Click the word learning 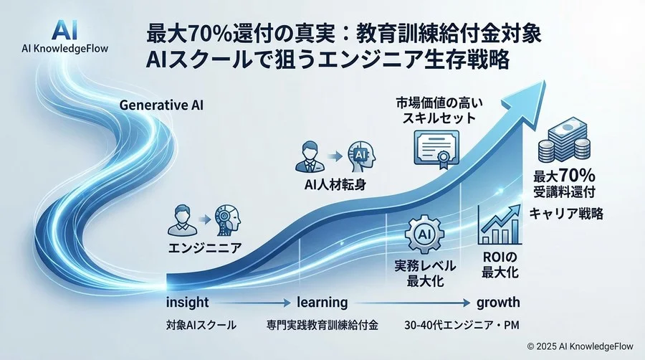click(x=323, y=302)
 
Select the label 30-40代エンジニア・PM click(x=462, y=325)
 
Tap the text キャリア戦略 click(x=566, y=213)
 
